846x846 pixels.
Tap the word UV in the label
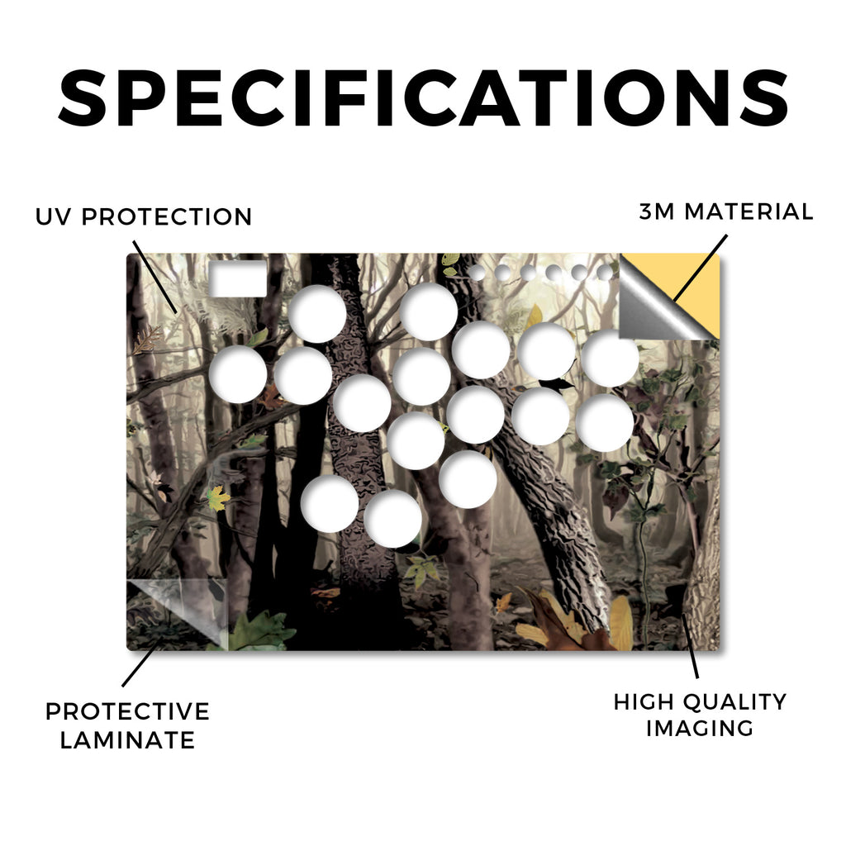52,217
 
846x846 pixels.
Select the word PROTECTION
167,217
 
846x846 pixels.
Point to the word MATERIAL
749,211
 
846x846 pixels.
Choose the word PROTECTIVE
127,711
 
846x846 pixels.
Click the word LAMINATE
127,739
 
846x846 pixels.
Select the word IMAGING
699,729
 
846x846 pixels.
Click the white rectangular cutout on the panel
237,278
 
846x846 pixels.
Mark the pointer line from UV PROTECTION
154,277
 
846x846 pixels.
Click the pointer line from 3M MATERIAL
701,267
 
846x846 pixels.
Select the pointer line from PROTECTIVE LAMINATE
142,662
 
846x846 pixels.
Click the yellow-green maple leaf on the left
218,497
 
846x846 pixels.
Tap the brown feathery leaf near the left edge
147,340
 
